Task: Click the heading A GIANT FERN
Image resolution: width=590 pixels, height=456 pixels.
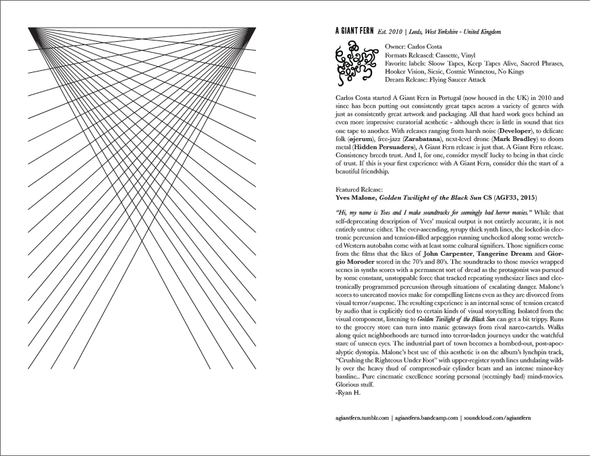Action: pyautogui.click(x=356, y=32)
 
